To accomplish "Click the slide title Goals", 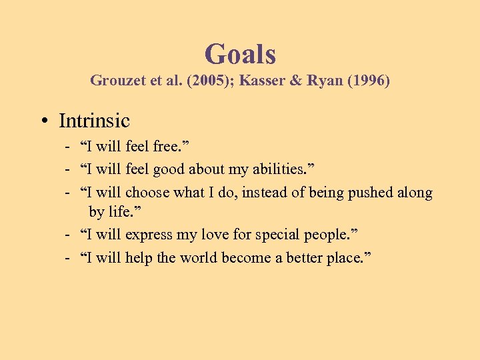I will pos(240,54).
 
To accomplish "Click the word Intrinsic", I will pos(94,121).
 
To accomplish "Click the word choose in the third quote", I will pos(147,193).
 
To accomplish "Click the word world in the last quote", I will pos(201,257).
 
